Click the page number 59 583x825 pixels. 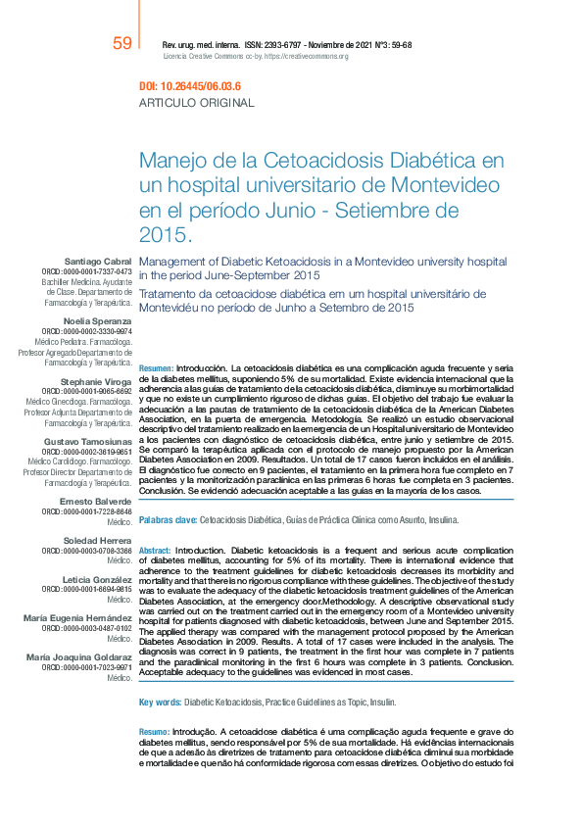[122, 44]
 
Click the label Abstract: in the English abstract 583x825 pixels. [156, 551]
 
